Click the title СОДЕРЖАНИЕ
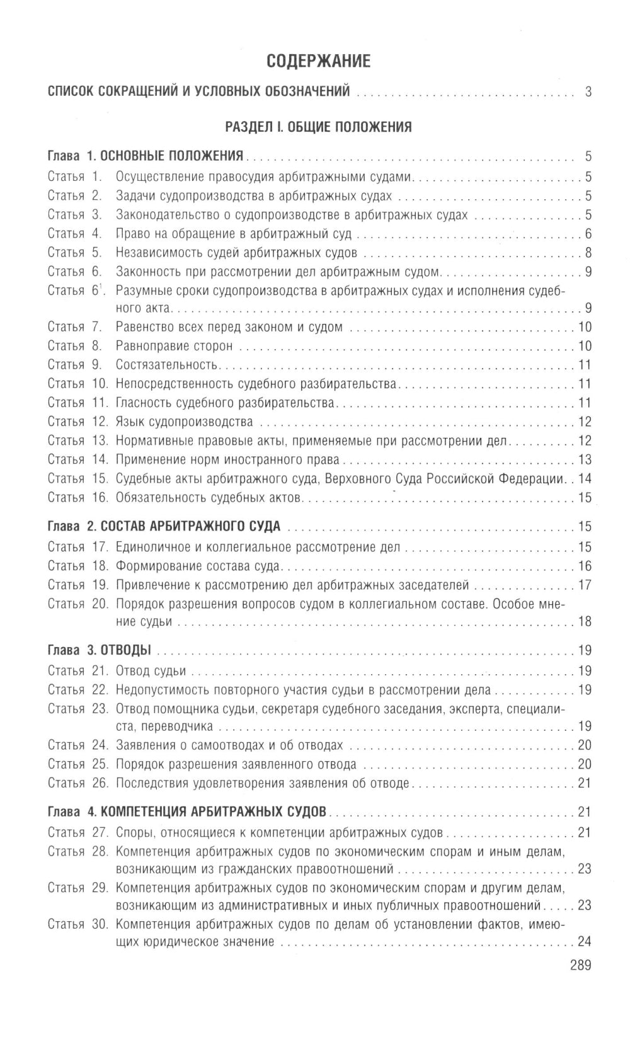click(x=318, y=61)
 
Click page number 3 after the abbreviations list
click(x=588, y=92)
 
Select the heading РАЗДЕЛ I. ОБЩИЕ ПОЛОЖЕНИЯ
click(x=318, y=127)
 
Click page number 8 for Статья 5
click(x=588, y=253)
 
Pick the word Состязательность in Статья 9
click(x=166, y=365)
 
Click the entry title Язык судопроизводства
click(x=184, y=422)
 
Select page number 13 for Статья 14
click(x=585, y=459)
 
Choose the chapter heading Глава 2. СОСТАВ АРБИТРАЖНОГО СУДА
click(x=164, y=526)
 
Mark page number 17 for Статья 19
click(x=585, y=585)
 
